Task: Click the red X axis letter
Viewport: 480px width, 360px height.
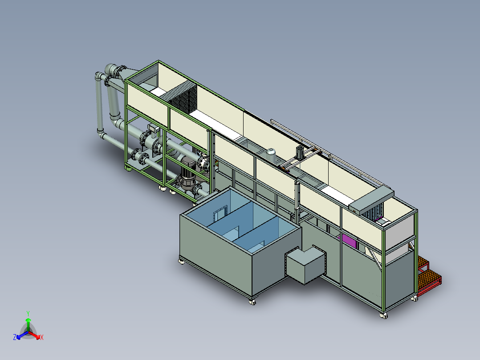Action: (x=42, y=337)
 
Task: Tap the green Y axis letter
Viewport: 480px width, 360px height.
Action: (x=28, y=313)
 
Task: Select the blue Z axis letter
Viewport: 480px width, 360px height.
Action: (x=15, y=337)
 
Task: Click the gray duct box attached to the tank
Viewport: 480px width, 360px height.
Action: (x=305, y=264)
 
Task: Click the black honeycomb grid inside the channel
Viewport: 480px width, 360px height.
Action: (x=183, y=98)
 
